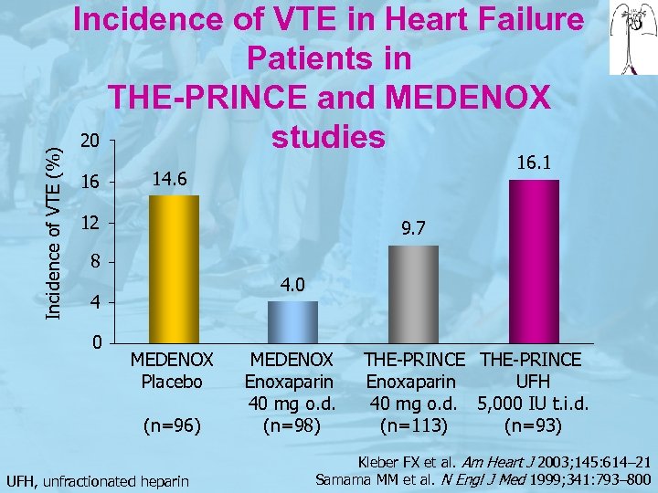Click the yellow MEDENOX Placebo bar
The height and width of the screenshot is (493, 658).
(x=174, y=268)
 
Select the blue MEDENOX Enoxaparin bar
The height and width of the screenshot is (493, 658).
(x=292, y=321)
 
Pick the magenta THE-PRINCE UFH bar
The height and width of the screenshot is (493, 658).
(x=534, y=261)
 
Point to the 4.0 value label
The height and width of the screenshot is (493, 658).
(x=292, y=287)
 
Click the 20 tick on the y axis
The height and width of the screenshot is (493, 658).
(x=89, y=142)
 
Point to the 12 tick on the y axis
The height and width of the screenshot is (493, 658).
(x=89, y=224)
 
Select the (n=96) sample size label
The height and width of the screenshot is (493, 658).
(x=172, y=425)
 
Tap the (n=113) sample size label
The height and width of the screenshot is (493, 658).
(x=413, y=425)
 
